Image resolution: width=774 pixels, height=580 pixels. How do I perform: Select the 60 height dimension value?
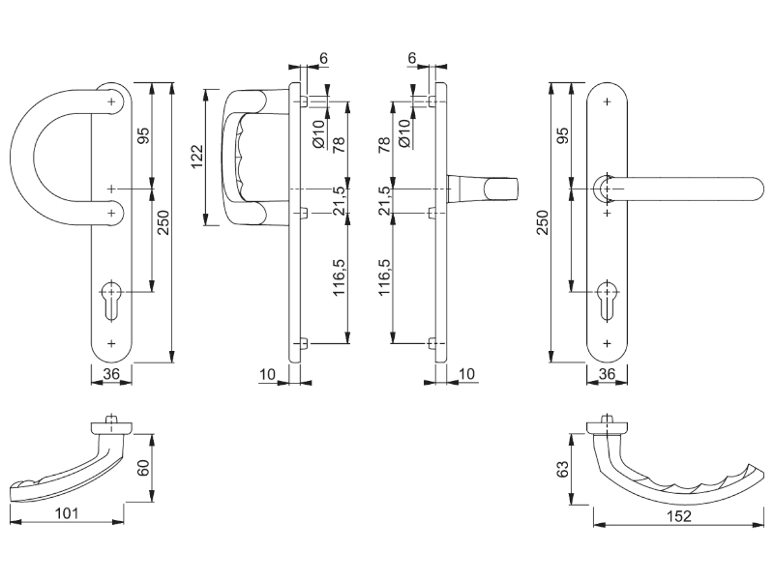(x=144, y=471)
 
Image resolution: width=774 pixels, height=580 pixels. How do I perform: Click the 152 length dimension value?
(x=679, y=517)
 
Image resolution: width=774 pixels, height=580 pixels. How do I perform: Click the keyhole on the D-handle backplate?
(x=112, y=296)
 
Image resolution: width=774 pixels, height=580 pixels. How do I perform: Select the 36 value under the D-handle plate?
(x=111, y=373)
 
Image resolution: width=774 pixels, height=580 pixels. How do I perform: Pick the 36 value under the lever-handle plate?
(x=608, y=373)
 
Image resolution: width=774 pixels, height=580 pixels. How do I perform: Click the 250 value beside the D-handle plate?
(x=164, y=224)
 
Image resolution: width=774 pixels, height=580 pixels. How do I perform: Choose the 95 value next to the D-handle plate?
(x=144, y=135)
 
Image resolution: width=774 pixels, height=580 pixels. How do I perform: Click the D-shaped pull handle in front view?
(x=39, y=155)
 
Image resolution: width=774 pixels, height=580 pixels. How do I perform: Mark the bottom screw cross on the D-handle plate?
(x=112, y=343)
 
